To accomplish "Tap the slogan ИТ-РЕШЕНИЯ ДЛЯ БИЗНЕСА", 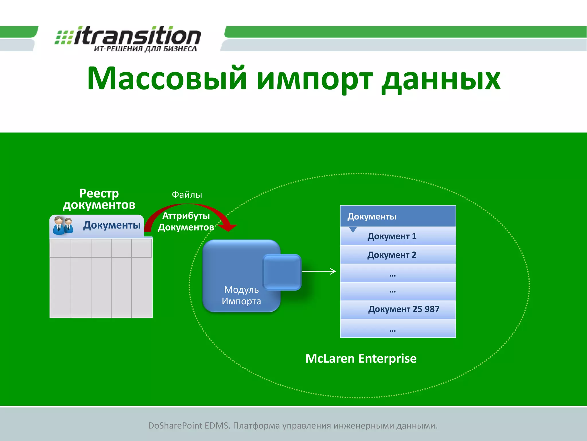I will (145, 49).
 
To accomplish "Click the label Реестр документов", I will (99, 199).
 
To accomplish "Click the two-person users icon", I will (63, 226).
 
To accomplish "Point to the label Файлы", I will (187, 195).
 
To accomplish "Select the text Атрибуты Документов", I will (186, 221).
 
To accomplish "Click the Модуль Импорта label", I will (241, 295).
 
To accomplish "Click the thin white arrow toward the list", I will (319, 271).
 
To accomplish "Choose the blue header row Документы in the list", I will (398, 216).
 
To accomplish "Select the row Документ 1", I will (398, 236).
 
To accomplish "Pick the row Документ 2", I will (398, 255).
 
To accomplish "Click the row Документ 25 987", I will (398, 309).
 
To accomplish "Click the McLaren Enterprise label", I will (361, 359).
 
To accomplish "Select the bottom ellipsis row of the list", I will (398, 329).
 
